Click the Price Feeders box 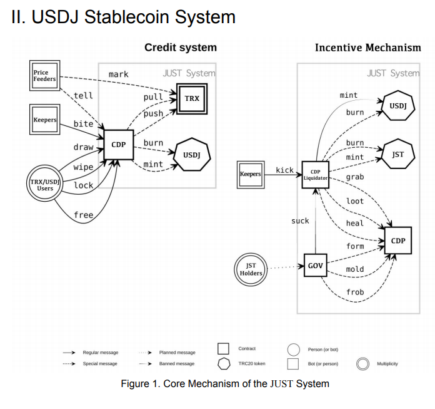pos(44,75)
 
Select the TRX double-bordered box pos(192,99)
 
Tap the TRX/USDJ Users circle pos(44,184)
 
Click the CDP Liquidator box pos(316,175)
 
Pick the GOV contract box pos(316,265)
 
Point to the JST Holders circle pos(251,269)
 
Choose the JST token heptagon pos(398,154)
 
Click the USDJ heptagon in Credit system pos(192,154)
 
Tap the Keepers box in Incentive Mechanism pos(251,175)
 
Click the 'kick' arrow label pos(284,170)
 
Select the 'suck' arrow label pos(300,220)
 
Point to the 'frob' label pos(355,292)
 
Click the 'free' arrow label pos(84,215)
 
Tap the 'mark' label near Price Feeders pos(119,75)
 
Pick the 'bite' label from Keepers pos(83,123)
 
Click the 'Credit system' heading pos(181,47)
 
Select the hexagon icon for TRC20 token pos(224,364)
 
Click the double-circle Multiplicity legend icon pos(363,364)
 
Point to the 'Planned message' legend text pos(177,353)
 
